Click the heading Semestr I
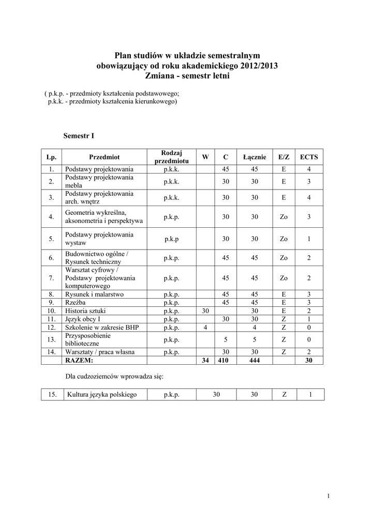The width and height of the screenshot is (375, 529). tap(79, 136)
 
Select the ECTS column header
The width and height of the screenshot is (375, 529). tap(309, 157)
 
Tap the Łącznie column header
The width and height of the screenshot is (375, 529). tap(254, 157)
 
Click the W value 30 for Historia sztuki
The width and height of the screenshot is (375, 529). tap(205, 310)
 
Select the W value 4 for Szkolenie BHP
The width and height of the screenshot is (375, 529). tap(205, 327)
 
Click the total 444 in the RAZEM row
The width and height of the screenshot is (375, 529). tap(254, 361)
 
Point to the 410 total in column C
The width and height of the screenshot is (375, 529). tap(223, 361)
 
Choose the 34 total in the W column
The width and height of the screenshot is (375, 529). tap(205, 361)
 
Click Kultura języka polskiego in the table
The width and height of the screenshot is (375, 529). tap(101, 395)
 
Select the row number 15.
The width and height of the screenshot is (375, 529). tap(52, 395)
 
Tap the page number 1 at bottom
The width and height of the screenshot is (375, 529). tap(328, 497)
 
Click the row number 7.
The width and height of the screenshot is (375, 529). tap(51, 278)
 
